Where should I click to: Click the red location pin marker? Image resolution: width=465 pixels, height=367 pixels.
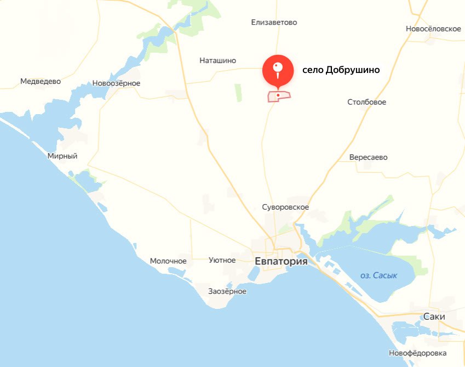[x=278, y=70]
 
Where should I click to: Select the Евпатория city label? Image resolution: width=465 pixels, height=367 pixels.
[x=281, y=262]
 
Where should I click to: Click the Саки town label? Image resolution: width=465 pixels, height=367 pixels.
[x=434, y=317]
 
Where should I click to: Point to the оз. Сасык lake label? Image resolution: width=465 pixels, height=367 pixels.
[x=379, y=275]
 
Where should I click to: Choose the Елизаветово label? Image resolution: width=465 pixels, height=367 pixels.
[x=274, y=22]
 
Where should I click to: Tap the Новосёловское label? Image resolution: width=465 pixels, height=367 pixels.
[x=433, y=29]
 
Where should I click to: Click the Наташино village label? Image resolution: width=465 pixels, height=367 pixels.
[x=217, y=60]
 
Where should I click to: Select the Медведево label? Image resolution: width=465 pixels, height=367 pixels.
[x=40, y=81]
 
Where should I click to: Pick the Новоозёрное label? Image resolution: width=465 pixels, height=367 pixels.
[x=116, y=83]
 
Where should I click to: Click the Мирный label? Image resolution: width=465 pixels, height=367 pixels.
[x=62, y=156]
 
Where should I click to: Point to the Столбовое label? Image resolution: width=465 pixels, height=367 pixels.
[x=366, y=102]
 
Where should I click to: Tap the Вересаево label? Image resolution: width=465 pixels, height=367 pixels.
[x=368, y=157]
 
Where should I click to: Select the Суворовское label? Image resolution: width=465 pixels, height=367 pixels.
[x=285, y=207]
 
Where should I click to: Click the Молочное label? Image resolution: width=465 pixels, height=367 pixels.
[x=168, y=261]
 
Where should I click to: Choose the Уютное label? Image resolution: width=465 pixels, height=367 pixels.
[x=222, y=260]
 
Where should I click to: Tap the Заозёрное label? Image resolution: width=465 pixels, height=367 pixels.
[x=227, y=291]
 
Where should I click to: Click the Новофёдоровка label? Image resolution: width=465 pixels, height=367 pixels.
[x=417, y=353]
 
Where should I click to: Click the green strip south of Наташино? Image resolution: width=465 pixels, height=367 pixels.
[x=238, y=93]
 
